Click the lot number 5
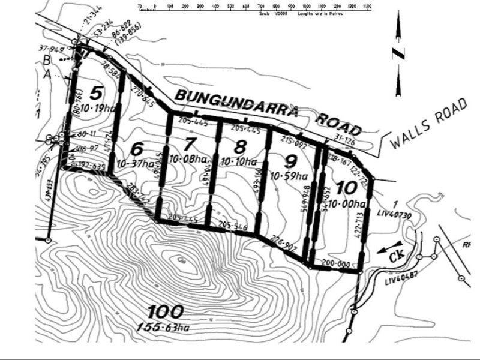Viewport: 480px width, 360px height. coord(96,93)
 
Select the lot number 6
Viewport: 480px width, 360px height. coord(137,148)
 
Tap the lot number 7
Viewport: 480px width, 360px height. coord(190,145)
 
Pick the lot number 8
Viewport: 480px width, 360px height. coord(240,145)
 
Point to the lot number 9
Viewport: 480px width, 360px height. coord(290,161)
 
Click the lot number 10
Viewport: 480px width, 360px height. coord(347,187)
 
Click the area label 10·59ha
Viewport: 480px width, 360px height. coord(289,176)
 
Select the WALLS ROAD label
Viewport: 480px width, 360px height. coord(428,124)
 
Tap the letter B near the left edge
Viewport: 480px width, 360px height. coord(47,60)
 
